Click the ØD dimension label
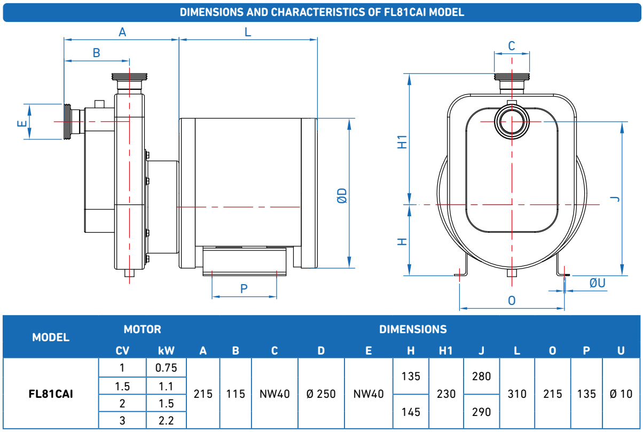pyautogui.click(x=342, y=195)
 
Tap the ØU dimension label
pyautogui.click(x=598, y=283)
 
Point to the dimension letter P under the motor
pyautogui.click(x=244, y=288)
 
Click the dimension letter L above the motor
pyautogui.click(x=248, y=32)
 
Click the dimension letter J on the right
pyautogui.click(x=615, y=199)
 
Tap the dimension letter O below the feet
pyautogui.click(x=512, y=301)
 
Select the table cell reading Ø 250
pyautogui.click(x=321, y=394)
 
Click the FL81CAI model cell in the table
pyautogui.click(x=51, y=394)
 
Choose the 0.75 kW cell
pyautogui.click(x=166, y=367)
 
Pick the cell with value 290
pyautogui.click(x=481, y=412)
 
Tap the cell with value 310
pyautogui.click(x=516, y=394)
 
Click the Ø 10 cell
pyautogui.click(x=621, y=394)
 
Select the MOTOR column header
pyautogui.click(x=142, y=329)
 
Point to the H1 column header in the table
pyautogui.click(x=446, y=351)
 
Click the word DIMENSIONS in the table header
pyautogui.click(x=413, y=329)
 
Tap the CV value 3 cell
pyautogui.click(x=122, y=421)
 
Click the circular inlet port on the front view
pyautogui.click(x=511, y=122)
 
